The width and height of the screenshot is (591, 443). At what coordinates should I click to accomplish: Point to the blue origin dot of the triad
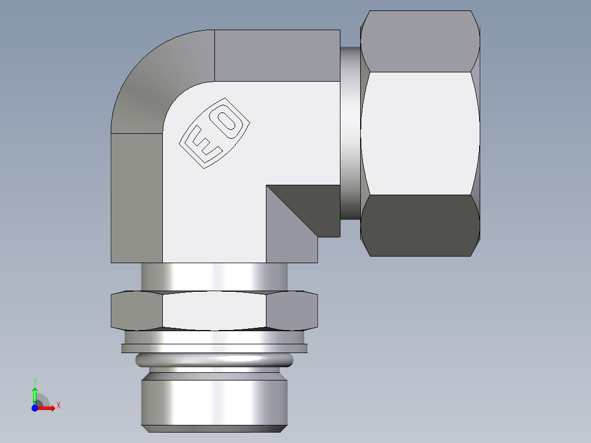(x=35, y=407)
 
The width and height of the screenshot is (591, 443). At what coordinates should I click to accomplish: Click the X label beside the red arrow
(x=58, y=406)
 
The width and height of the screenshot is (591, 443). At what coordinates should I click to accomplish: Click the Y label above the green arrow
(x=35, y=381)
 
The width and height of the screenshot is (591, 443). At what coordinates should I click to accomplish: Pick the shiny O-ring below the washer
(x=214, y=360)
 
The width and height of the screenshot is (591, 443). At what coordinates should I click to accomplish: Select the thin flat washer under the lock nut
(x=214, y=348)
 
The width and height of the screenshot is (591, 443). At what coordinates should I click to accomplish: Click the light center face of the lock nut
(x=214, y=311)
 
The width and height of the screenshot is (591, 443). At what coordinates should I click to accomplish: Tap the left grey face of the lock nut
(x=137, y=311)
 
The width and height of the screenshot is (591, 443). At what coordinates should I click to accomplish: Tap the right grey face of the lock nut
(x=292, y=311)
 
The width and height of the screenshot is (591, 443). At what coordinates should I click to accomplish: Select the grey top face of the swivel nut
(x=420, y=41)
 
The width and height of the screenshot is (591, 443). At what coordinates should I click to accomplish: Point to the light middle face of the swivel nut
(x=420, y=133)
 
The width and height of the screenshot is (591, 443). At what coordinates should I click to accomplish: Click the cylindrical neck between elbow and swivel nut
(x=350, y=132)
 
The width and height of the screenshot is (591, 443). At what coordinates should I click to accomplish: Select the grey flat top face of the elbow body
(x=277, y=55)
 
